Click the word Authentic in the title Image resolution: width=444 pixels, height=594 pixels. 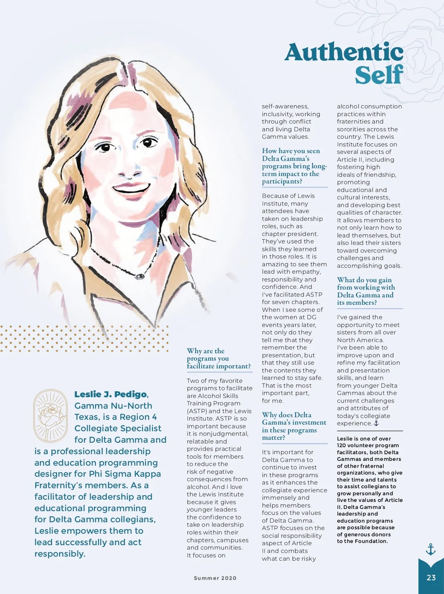click(x=344, y=52)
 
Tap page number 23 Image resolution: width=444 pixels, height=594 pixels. click(x=431, y=577)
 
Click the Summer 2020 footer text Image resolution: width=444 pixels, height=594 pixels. click(x=215, y=578)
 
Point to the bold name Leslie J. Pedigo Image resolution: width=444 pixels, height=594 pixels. click(x=111, y=394)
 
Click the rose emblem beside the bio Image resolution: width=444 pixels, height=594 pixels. click(x=50, y=415)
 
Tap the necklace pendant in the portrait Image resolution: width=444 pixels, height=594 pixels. click(x=140, y=276)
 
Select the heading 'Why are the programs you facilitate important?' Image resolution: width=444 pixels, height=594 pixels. click(x=218, y=358)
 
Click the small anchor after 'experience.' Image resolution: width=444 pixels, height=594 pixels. click(x=376, y=423)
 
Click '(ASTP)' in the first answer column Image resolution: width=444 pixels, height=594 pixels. click(x=198, y=411)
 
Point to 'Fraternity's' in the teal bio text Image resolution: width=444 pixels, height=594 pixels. click(x=60, y=485)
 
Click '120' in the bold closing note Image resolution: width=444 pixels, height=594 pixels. click(x=342, y=445)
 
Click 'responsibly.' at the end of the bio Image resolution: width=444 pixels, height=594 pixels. click(x=60, y=554)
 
